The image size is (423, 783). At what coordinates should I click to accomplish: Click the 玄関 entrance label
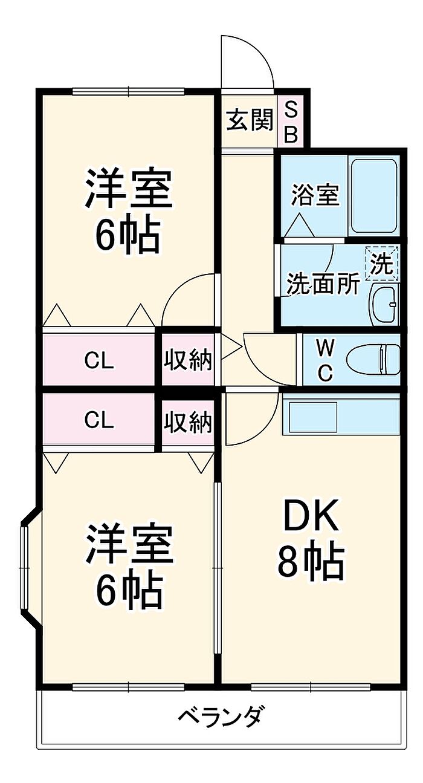pyautogui.click(x=250, y=120)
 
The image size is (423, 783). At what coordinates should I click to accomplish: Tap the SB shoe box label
pyautogui.click(x=291, y=121)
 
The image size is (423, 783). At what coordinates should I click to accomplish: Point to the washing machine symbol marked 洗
pyautogui.click(x=382, y=264)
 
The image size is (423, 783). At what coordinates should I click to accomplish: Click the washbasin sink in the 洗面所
pyautogui.click(x=384, y=304)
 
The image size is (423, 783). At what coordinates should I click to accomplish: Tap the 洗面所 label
pyautogui.click(x=323, y=285)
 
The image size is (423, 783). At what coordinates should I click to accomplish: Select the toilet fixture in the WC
pyautogui.click(x=373, y=359)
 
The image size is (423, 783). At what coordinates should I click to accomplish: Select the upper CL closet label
pyautogui.click(x=99, y=361)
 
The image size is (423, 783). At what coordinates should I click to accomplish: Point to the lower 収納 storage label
pyautogui.click(x=189, y=422)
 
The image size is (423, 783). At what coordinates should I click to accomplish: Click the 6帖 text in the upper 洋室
pyautogui.click(x=128, y=233)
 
